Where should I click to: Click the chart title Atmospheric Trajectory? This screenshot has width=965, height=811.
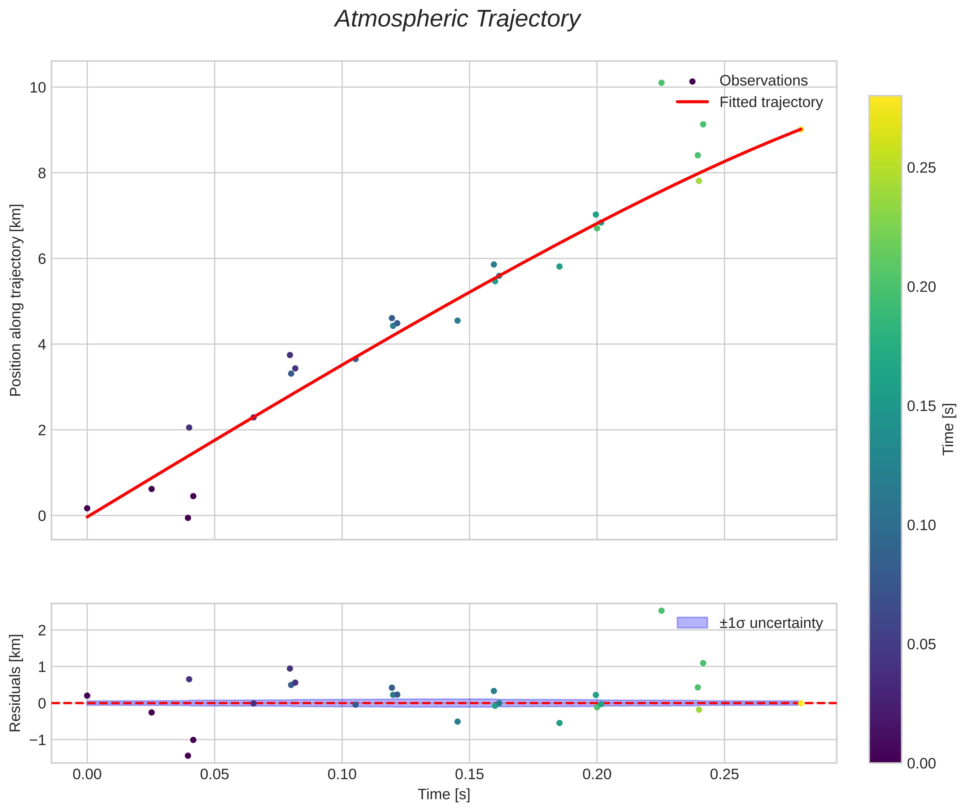457,19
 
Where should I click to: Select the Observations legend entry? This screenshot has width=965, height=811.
763,81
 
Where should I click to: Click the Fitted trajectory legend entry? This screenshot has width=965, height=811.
770,102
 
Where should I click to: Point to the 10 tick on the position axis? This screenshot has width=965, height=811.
38,87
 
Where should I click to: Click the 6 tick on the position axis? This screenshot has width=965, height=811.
42,259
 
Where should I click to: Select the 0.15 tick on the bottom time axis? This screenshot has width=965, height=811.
469,775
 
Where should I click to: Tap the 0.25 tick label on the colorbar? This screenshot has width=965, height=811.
921,168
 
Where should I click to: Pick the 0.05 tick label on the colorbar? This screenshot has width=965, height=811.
921,644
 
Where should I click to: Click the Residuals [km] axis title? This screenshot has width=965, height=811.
16,683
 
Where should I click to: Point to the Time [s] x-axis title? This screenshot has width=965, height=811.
444,794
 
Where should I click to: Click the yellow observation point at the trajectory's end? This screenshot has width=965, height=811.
800,130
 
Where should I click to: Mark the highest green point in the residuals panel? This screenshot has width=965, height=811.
661,611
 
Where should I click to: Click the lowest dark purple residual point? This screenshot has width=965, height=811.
188,756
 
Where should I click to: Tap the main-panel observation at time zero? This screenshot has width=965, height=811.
87,508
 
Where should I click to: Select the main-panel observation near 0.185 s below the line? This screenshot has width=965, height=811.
559,266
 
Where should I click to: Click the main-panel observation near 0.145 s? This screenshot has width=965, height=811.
457,320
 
